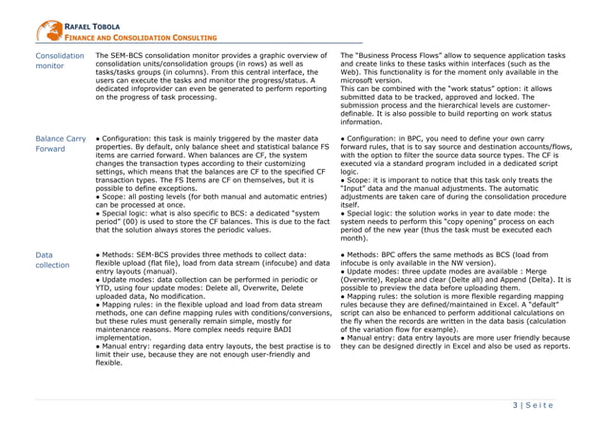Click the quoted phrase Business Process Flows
[390, 56]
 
